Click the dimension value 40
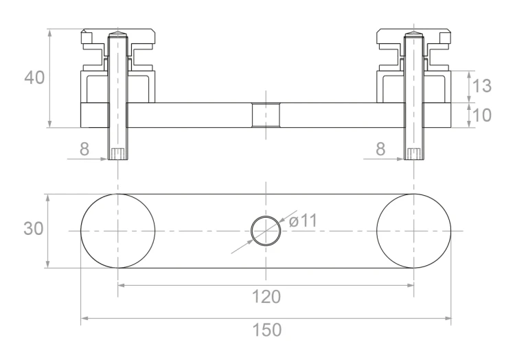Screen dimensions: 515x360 pos(34,78)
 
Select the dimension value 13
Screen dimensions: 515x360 pos(481,86)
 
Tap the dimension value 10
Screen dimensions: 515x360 pos(481,115)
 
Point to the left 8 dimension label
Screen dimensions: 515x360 pos(84,149)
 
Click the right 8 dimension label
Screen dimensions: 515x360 pos(380,149)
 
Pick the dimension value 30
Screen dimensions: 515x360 pos(34,228)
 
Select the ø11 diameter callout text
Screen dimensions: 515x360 pos(303,221)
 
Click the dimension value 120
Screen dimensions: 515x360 pos(266,297)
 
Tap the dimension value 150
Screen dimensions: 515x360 pos(266,330)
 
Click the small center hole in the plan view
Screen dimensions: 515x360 pos(266,216)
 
